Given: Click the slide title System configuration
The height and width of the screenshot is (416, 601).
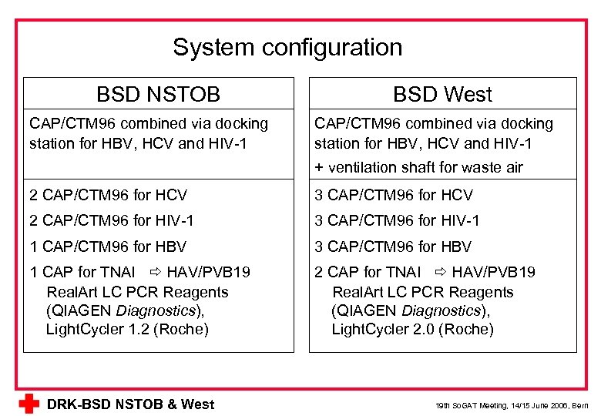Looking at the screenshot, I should [x=287, y=47].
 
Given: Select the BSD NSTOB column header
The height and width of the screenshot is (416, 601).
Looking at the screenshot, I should [x=158, y=94].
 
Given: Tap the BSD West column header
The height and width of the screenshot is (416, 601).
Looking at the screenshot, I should [x=442, y=94].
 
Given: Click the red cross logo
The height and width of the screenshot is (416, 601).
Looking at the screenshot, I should [x=29, y=404].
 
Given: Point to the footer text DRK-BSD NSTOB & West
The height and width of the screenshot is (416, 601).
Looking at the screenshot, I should [x=130, y=404].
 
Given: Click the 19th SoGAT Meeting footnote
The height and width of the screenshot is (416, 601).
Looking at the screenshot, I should [x=511, y=405].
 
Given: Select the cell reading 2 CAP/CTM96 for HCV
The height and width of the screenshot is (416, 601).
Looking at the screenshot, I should [x=108, y=196].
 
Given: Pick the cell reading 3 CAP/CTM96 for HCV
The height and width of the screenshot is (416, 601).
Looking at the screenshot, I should [x=393, y=196].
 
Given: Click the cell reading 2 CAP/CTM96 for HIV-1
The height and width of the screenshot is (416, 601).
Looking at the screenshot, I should [x=112, y=221].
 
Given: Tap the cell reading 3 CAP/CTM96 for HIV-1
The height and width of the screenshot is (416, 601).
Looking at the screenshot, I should [x=397, y=221].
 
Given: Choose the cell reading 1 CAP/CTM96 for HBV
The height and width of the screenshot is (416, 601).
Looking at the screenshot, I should [x=108, y=247].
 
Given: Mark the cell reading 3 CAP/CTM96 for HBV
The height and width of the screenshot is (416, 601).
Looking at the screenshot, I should [x=393, y=247].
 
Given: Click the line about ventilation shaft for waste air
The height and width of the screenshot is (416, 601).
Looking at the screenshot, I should [x=418, y=167].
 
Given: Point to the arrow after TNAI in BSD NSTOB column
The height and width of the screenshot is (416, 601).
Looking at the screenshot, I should [x=153, y=272].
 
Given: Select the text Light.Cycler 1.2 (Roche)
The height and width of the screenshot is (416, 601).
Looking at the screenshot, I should [x=127, y=330].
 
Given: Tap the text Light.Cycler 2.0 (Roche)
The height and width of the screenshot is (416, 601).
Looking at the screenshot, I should [x=412, y=330].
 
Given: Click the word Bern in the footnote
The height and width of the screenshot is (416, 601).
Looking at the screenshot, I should [x=579, y=405].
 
